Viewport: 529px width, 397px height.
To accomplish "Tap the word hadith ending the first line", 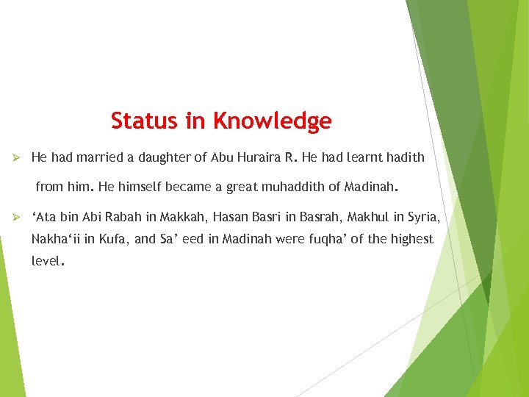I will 406,157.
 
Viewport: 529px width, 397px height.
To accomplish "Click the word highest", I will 411,239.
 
